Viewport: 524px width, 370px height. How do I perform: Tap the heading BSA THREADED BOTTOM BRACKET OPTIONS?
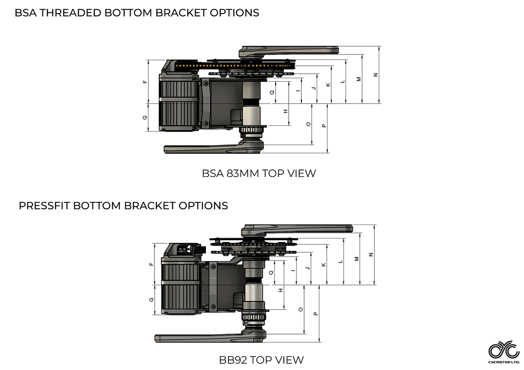(137, 13)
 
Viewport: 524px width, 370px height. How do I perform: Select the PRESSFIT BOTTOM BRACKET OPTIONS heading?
(123, 205)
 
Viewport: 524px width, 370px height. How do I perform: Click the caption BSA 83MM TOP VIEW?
(259, 173)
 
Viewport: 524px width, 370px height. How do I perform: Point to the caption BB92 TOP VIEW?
(261, 360)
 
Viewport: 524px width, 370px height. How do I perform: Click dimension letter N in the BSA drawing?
(375, 75)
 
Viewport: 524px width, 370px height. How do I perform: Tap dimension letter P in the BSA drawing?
(323, 126)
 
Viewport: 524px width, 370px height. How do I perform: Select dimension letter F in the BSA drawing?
(145, 82)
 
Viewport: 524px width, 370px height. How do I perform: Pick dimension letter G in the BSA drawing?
(145, 118)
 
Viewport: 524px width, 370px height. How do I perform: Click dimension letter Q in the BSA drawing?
(272, 92)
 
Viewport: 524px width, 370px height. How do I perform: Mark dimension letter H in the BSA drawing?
(285, 111)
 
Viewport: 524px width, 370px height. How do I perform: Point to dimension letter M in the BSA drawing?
(359, 79)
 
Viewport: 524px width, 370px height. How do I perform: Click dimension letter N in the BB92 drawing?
(371, 254)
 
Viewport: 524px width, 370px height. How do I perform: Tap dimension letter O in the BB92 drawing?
(300, 309)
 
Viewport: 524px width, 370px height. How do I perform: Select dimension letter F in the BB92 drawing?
(151, 264)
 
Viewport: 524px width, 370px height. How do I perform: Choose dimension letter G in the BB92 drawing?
(151, 299)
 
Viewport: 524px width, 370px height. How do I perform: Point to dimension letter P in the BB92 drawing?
(315, 314)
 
